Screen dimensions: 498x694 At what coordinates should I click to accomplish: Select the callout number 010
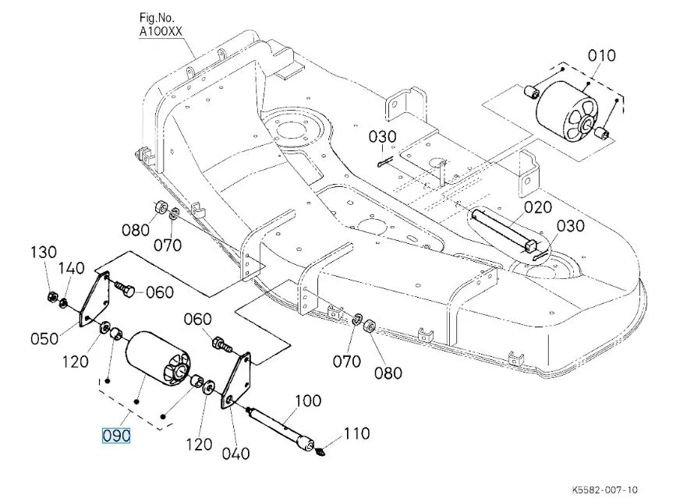point(602,55)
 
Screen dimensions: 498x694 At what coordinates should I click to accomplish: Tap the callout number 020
point(538,207)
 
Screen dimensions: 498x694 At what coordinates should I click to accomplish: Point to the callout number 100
point(308,402)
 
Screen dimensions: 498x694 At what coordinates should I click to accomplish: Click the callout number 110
point(357,434)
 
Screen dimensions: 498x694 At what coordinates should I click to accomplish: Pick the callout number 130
point(44,253)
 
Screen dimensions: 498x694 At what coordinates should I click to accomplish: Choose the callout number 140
point(72,268)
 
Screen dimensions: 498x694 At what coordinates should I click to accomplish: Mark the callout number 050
point(44,338)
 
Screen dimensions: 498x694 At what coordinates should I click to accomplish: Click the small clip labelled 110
point(324,451)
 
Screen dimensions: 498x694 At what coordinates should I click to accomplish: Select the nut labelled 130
point(49,295)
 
